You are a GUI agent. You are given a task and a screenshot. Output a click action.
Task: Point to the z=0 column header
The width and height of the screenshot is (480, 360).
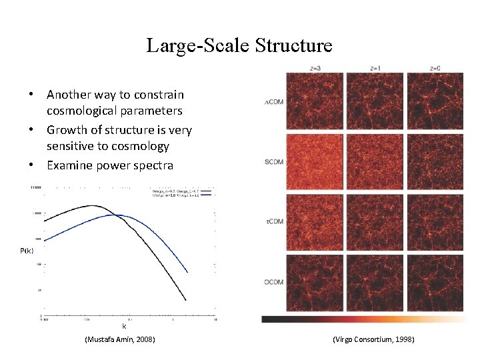[435, 68]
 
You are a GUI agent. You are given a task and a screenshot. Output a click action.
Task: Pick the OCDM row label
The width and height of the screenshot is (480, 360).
[273, 282]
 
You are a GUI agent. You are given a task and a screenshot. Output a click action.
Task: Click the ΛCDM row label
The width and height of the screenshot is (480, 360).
[273, 102]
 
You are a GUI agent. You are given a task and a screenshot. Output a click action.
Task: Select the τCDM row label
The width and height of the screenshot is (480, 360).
[273, 222]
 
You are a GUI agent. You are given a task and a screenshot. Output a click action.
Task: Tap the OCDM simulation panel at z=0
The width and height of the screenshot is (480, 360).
[435, 282]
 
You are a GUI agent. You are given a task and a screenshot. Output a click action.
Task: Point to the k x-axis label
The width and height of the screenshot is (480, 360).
[124, 327]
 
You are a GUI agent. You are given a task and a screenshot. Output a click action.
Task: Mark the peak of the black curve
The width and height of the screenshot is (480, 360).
[93, 205]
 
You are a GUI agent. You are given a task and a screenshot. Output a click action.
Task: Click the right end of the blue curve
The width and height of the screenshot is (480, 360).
[187, 272]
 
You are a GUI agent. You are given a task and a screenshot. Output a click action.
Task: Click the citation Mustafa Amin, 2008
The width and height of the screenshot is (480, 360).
[120, 340]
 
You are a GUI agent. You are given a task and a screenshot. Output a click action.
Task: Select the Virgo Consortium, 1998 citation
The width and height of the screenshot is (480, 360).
[373, 340]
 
